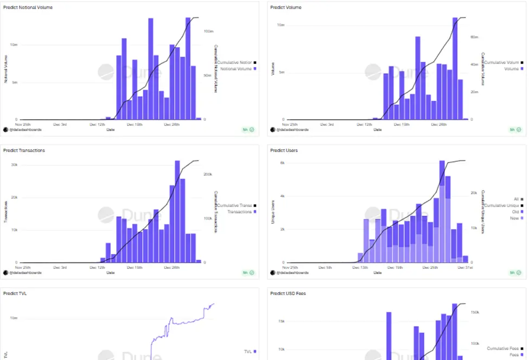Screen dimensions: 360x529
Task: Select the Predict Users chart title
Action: pos(284,150)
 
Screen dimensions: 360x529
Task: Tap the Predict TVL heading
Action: pos(15,293)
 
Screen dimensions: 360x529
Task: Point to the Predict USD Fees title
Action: pos(288,293)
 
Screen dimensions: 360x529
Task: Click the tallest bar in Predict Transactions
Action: pos(177,211)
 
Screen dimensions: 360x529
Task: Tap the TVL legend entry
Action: pos(249,351)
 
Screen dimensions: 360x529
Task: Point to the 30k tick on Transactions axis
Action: pos(14,164)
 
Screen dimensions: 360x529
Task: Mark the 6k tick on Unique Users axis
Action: pos(282,163)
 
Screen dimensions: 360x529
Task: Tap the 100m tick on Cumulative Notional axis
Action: pos(207,31)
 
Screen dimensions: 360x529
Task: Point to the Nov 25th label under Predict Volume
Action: pos(290,124)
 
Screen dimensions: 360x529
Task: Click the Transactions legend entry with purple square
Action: pos(241,211)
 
